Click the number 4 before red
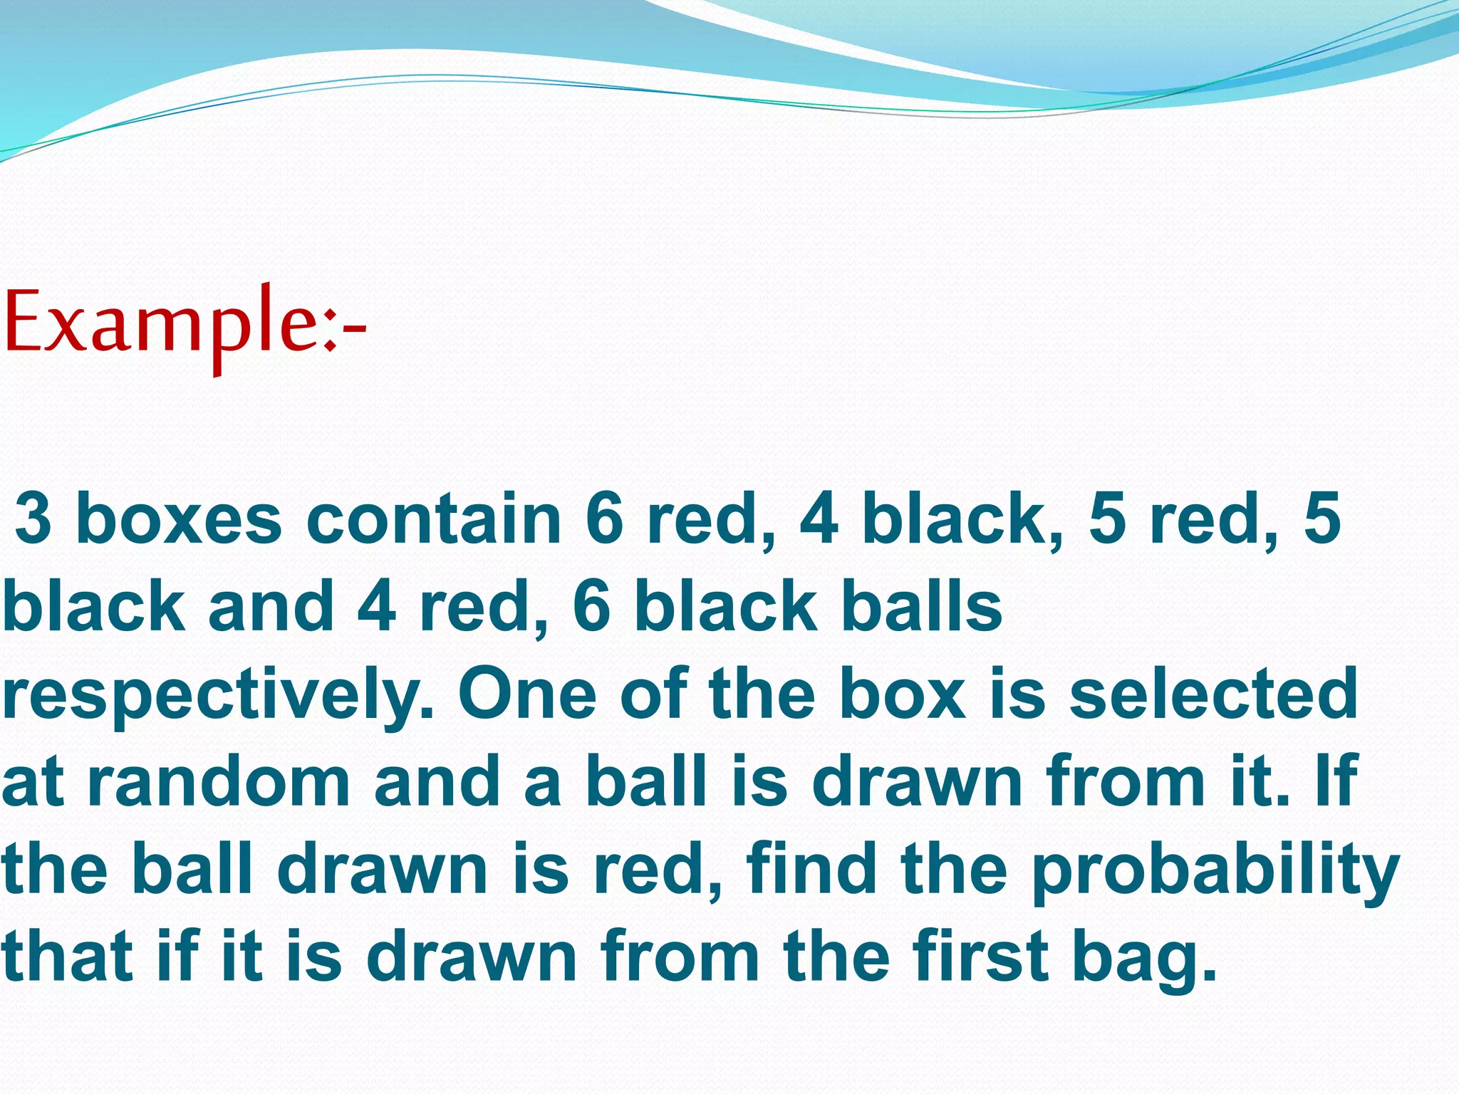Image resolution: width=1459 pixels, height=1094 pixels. (376, 606)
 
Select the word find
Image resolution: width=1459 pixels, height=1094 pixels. (811, 868)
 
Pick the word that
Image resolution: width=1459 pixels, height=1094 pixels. (68, 956)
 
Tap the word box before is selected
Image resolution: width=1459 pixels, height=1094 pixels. (903, 694)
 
